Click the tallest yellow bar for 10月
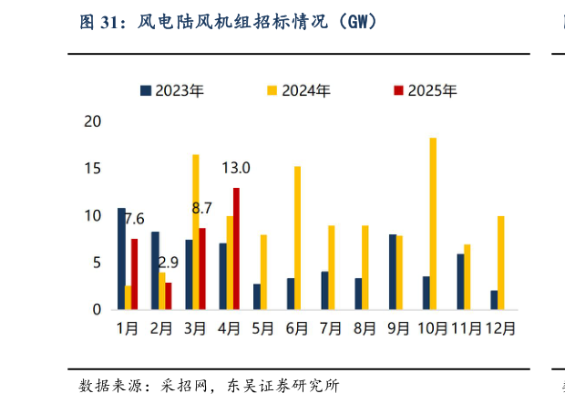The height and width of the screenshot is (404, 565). click(433, 223)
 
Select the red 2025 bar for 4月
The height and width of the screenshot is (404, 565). click(237, 249)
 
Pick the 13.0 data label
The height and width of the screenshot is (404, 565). click(236, 168)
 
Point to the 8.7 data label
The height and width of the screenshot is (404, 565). click(202, 209)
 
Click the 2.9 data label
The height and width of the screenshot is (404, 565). click(168, 263)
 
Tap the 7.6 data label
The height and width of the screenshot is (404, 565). click(134, 219)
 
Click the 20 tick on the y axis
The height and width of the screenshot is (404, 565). click(92, 121)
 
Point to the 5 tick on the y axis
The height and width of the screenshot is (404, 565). click(97, 263)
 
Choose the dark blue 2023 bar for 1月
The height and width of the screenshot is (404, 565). click(121, 259)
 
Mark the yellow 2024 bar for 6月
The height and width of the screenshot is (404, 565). click(297, 238)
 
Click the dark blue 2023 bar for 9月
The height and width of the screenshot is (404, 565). click(392, 272)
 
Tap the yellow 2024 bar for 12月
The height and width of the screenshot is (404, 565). click(500, 263)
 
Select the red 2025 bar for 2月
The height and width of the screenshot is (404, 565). click(169, 296)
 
